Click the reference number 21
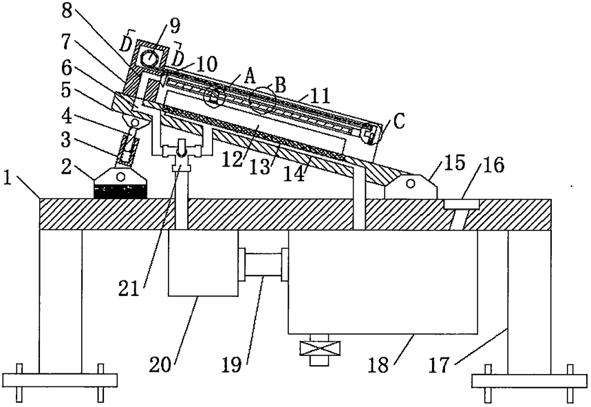pyautogui.click(x=129, y=289)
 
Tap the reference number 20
pyautogui.click(x=161, y=364)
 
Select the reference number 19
pyautogui.click(x=231, y=365)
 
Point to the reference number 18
pyautogui.click(x=377, y=365)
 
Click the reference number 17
pyautogui.click(x=440, y=365)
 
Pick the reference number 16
pyautogui.click(x=493, y=165)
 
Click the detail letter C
pyautogui.click(x=399, y=121)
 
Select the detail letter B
pyautogui.click(x=281, y=85)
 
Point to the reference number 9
pyautogui.click(x=175, y=25)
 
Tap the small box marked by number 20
pyautogui.click(x=203, y=263)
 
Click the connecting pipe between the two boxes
pyautogui.click(x=264, y=264)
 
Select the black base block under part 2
pyautogui.click(x=120, y=191)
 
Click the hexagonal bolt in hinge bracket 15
pyautogui.click(x=410, y=183)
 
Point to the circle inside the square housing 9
pyautogui.click(x=149, y=59)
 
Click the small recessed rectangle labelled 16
pyautogui.click(x=462, y=204)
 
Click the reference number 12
pyautogui.click(x=231, y=159)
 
